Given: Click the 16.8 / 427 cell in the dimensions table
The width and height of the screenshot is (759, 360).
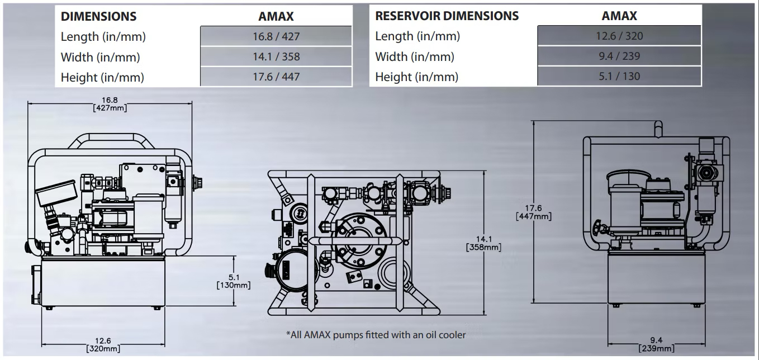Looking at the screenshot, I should click(276, 36).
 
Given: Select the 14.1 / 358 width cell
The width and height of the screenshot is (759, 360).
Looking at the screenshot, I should click(276, 56).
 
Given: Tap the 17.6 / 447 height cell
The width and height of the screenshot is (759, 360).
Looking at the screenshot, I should click(276, 77).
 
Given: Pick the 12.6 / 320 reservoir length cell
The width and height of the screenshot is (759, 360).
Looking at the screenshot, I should click(619, 36).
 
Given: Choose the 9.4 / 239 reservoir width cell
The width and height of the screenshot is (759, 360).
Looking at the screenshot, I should click(619, 56).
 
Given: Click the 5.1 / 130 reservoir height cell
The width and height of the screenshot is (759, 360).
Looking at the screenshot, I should click(619, 77).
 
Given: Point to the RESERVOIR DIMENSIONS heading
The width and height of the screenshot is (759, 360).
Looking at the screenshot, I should click(447, 16).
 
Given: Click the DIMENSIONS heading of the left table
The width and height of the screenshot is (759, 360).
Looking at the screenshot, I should click(98, 16).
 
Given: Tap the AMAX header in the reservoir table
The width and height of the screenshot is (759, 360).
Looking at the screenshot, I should click(619, 16).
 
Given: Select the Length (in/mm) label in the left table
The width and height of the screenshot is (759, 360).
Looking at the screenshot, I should click(103, 37).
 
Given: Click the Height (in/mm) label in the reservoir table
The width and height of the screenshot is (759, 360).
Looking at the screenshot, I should click(416, 77).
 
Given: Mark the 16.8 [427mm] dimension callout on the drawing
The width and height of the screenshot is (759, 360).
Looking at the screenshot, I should click(110, 105).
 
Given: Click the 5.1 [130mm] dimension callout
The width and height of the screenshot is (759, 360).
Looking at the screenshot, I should click(233, 281).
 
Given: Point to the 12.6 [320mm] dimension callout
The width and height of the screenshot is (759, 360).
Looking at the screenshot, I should click(103, 345).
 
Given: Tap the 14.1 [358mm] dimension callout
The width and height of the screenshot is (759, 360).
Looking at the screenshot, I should click(483, 243).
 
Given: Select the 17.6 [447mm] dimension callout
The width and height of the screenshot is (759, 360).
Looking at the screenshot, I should click(534, 212).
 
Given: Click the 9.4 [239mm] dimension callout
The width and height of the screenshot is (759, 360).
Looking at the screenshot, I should click(657, 345).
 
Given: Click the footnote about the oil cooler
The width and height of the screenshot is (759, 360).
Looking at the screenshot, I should click(376, 335).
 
